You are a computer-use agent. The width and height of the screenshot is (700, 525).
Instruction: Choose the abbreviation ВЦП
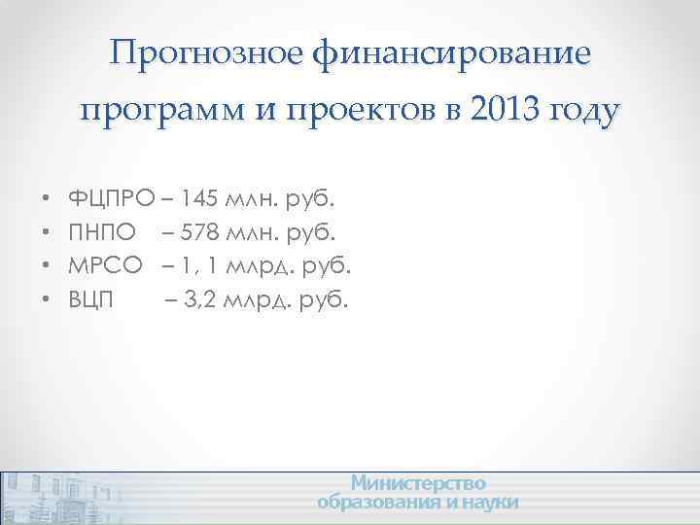click(90, 299)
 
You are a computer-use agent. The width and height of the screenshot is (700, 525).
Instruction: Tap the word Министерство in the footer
click(418, 483)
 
